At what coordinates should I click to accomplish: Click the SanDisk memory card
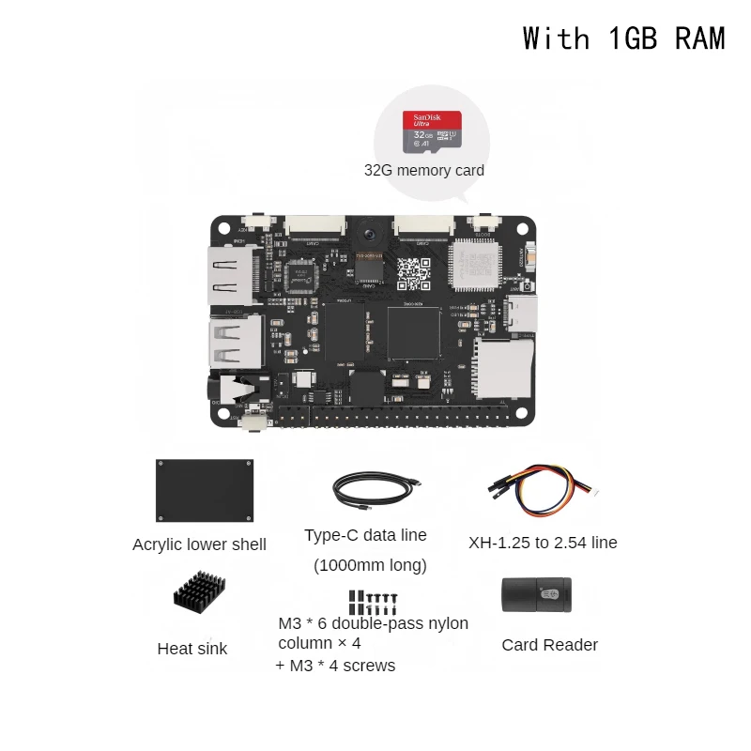pos(433,132)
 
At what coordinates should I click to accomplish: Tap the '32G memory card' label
pos(424,171)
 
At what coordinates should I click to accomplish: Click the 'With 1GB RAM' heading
pos(623,38)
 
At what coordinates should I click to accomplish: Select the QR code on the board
pos(413,271)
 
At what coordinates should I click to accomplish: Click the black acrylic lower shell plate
pos(205,490)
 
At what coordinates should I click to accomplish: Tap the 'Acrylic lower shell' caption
pos(199,544)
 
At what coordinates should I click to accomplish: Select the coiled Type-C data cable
pos(373,490)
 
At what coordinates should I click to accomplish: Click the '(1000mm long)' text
pos(370,565)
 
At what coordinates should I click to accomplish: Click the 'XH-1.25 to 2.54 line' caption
pos(543,543)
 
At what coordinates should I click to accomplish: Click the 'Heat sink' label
pos(192,649)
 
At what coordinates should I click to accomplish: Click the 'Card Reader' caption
pos(549,645)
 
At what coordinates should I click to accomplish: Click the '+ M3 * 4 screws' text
pos(335,666)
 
